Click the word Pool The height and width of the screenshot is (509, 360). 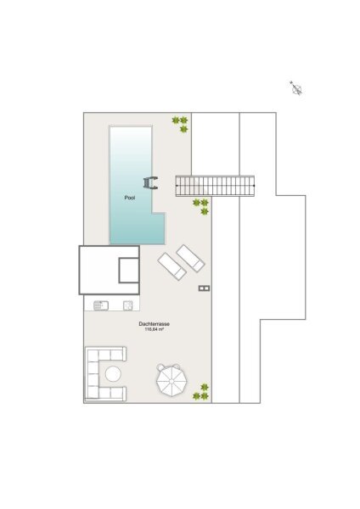(130, 198)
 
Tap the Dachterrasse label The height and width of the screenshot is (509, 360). (154, 324)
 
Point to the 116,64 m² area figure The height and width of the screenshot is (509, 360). (154, 329)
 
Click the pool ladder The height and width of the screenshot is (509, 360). (151, 182)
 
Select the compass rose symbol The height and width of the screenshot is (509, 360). (296, 88)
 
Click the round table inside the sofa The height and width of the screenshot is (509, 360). (113, 374)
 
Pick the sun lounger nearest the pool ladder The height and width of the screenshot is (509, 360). (190, 258)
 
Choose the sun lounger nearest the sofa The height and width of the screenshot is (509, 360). (172, 266)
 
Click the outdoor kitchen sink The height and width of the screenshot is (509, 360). (101, 305)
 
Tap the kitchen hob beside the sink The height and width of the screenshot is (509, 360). (127, 305)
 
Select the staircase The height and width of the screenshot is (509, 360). (215, 186)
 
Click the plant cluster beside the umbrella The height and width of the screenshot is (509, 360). (200, 392)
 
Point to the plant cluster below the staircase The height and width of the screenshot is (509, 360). (200, 207)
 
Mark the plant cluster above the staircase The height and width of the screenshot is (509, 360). (180, 125)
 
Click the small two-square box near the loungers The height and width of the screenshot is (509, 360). (204, 288)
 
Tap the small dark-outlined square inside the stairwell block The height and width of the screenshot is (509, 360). (129, 270)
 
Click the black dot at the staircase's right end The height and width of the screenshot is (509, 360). (254, 186)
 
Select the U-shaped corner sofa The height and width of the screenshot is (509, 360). (105, 373)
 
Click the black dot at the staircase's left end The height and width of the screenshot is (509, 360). (177, 186)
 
